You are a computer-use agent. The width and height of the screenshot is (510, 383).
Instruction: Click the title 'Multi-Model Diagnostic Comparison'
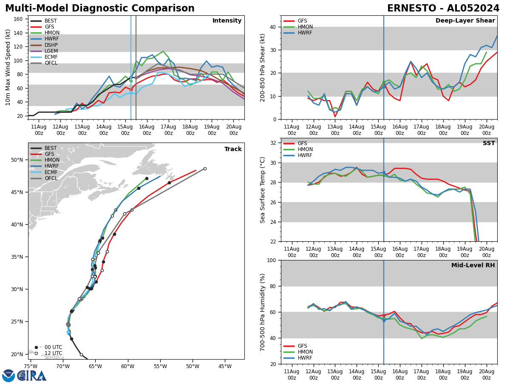tap(100, 9)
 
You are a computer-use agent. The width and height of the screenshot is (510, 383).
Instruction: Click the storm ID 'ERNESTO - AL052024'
tap(443, 9)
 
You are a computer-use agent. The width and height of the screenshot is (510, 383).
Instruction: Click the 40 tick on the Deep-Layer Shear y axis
tap(272, 27)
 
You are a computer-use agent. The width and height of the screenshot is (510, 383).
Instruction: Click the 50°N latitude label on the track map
tap(17, 160)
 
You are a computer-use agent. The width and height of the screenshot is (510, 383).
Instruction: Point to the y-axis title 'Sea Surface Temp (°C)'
tap(263, 190)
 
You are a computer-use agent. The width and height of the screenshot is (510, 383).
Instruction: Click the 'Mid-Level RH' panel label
tap(473, 265)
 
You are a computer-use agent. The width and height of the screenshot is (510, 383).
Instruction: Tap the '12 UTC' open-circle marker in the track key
tap(36, 353)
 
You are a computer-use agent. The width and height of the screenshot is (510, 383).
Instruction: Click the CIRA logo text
tap(32, 375)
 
